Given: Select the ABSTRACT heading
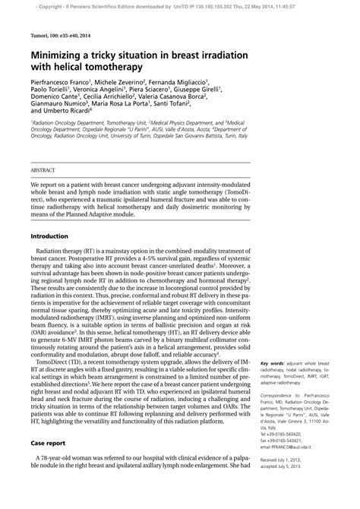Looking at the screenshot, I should click(x=43, y=172).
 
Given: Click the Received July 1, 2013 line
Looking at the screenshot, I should click(x=286, y=481).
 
